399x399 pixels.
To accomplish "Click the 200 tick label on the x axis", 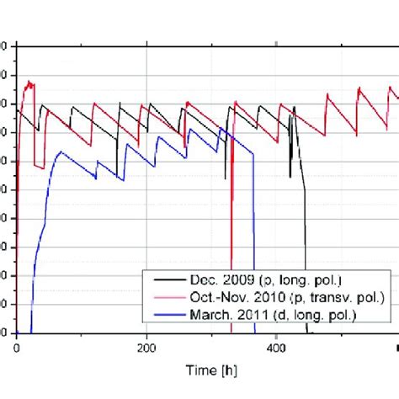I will point(146,347).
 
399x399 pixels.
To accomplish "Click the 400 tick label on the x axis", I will point(277,347).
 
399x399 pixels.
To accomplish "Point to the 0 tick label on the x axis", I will point(17,347).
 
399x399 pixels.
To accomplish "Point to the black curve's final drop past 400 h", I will point(305,253).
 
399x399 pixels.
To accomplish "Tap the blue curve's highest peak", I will point(221,128).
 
